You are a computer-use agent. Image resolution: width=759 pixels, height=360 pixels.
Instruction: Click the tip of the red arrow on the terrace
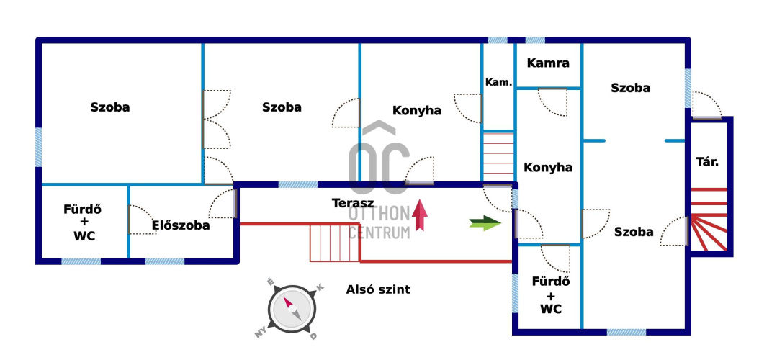(420, 199)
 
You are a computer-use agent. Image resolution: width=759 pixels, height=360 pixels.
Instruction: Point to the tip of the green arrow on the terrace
(501, 223)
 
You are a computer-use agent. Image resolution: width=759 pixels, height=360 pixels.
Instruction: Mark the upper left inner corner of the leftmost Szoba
(42, 44)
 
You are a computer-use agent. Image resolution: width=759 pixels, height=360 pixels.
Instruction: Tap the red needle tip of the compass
(284, 298)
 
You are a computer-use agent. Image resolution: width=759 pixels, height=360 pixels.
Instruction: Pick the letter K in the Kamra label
(531, 63)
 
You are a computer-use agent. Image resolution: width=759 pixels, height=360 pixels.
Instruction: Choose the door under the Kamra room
(553, 102)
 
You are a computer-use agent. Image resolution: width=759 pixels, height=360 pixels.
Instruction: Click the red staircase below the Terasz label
(335, 243)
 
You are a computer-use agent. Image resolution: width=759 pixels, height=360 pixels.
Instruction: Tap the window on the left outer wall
(38, 147)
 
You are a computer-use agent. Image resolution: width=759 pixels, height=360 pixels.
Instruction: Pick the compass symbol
(292, 309)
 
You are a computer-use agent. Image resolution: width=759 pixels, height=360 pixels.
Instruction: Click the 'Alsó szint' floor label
(378, 290)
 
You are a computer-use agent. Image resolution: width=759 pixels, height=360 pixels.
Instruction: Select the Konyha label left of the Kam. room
(417, 111)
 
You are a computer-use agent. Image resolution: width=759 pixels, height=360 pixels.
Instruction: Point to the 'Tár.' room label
(707, 162)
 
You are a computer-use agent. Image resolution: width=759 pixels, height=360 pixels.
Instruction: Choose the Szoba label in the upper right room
(630, 88)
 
